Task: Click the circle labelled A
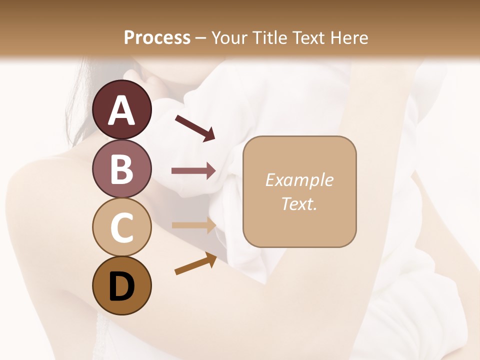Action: (121, 109)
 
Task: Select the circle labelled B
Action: (121, 168)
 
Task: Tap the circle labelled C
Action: (121, 227)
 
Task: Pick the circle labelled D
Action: (121, 285)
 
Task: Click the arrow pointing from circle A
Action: (195, 127)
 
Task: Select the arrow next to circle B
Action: (193, 171)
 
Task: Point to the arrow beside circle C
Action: (193, 225)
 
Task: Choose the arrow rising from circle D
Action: (195, 263)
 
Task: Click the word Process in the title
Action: (157, 38)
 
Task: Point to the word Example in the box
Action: (299, 180)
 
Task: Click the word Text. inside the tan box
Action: (299, 203)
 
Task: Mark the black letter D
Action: (121, 286)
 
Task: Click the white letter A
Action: (121, 110)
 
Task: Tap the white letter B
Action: (121, 169)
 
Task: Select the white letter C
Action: (121, 227)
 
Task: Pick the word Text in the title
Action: (308, 38)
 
